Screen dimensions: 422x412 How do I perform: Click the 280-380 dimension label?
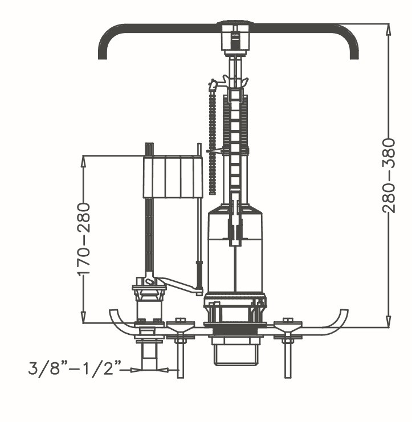(x=389, y=175)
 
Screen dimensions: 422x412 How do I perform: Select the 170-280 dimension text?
(x=84, y=239)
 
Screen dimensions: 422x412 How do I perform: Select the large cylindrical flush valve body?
(x=235, y=251)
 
